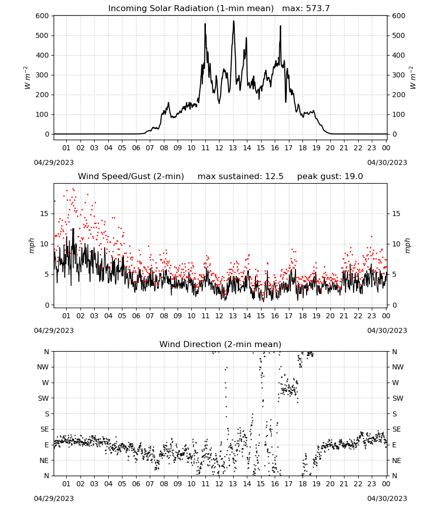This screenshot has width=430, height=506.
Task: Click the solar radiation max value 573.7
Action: pos(318,8)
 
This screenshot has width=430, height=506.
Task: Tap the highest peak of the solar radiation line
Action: pos(234,21)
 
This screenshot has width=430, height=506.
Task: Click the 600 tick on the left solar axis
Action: pos(42,16)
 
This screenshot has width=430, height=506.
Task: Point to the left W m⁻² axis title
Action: pos(27,78)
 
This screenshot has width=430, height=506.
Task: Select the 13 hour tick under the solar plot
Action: pos(233,148)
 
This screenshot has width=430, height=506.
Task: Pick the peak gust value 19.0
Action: pos(354,177)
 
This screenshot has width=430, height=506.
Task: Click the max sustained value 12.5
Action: pos(274,177)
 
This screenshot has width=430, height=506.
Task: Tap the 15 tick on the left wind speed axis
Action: pos(45,214)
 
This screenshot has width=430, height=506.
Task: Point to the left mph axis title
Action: pos(31,245)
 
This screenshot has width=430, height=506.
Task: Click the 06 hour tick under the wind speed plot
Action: pos(136,316)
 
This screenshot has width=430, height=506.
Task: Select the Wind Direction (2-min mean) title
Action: pos(221,344)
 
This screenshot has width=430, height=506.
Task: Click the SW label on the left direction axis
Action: pos(44,398)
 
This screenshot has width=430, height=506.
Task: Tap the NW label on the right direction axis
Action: pos(398,367)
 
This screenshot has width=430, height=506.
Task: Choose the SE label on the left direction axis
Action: pos(45,429)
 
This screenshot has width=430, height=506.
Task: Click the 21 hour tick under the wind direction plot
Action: pos(344,484)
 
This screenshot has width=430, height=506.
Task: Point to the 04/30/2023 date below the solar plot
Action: pos(387,162)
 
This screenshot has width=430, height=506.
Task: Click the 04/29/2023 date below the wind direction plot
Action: pos(54,498)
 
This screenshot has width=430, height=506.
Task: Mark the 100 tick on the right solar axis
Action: pos(399,114)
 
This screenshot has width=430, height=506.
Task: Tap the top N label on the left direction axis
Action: pos(47,352)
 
